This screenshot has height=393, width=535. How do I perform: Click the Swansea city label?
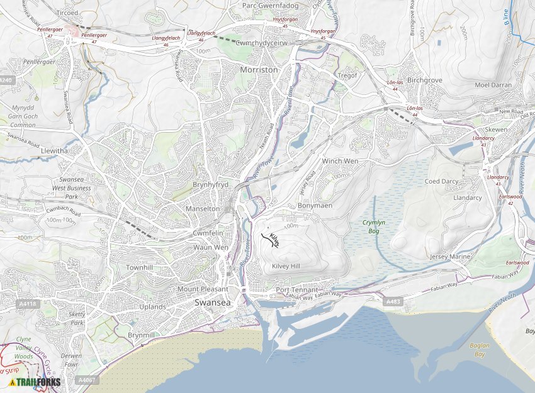click(x=213, y=302)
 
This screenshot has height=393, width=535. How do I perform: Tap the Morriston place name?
click(x=259, y=70)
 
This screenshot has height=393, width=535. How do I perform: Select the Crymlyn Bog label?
click(x=374, y=226)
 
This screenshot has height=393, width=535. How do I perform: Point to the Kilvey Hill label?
click(x=286, y=267)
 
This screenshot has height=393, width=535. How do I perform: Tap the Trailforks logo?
click(x=35, y=382)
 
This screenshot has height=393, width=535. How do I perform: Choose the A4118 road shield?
click(x=28, y=304)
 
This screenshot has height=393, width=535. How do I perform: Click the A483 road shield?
click(x=393, y=302)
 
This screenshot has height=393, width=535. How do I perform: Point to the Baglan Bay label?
click(x=478, y=350)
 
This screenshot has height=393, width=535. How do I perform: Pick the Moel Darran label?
click(x=493, y=85)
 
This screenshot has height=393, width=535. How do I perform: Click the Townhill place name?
click(x=140, y=267)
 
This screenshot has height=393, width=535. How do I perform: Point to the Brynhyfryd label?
click(x=210, y=185)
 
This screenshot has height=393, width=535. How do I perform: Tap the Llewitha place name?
click(x=53, y=152)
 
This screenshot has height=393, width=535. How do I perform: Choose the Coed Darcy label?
click(x=442, y=181)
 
